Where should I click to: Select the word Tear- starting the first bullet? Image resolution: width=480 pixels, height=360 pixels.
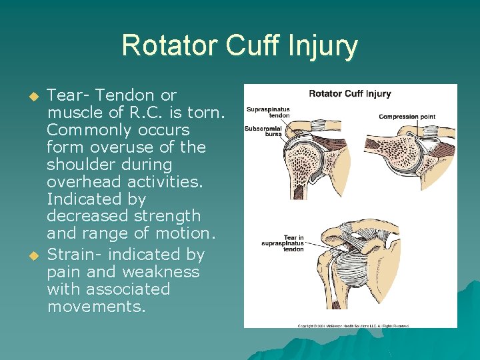tap(70, 95)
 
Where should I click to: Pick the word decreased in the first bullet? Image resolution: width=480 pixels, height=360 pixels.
tap(85, 217)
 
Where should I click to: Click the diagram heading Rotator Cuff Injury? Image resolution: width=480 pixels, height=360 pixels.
tap(350, 94)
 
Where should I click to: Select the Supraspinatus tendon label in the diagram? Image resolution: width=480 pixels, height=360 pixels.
tap(268, 111)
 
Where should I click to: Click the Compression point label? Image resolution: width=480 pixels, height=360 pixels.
tap(407, 117)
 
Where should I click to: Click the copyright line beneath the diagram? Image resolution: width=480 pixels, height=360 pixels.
tap(353, 325)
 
